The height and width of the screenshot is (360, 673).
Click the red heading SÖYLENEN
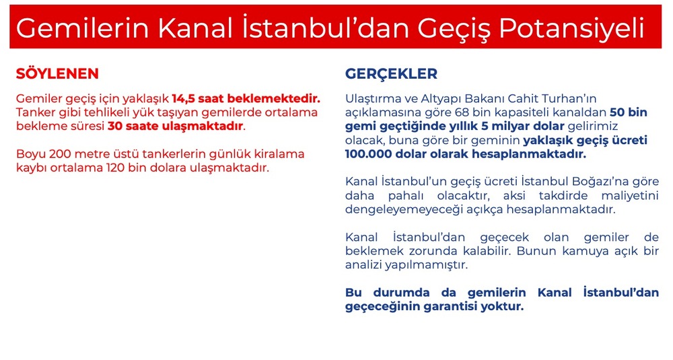click(57, 73)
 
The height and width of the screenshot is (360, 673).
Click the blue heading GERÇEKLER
click(391, 74)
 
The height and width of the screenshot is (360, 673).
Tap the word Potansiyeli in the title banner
click(571, 29)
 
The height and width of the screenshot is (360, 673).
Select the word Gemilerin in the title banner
click(82, 28)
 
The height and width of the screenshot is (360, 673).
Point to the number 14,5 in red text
click(183, 99)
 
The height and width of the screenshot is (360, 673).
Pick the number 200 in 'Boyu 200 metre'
click(59, 153)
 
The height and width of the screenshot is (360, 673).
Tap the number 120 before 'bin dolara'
click(116, 168)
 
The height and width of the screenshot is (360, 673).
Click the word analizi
click(363, 264)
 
